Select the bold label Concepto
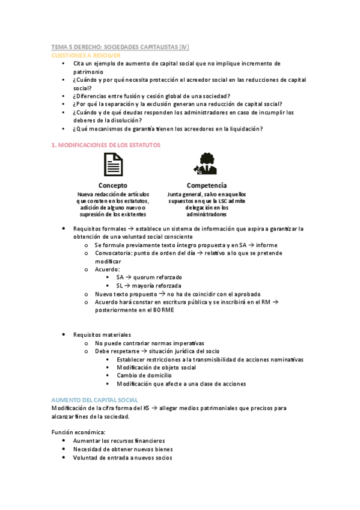[112, 185]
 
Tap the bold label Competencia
[206, 185]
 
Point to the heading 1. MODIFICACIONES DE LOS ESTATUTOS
[106, 145]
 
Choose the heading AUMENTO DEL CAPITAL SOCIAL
[95, 400]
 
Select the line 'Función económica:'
[78, 432]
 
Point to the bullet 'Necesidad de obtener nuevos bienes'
[123, 449]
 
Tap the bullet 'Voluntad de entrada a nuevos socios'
[123, 457]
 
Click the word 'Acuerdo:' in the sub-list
[108, 269]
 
